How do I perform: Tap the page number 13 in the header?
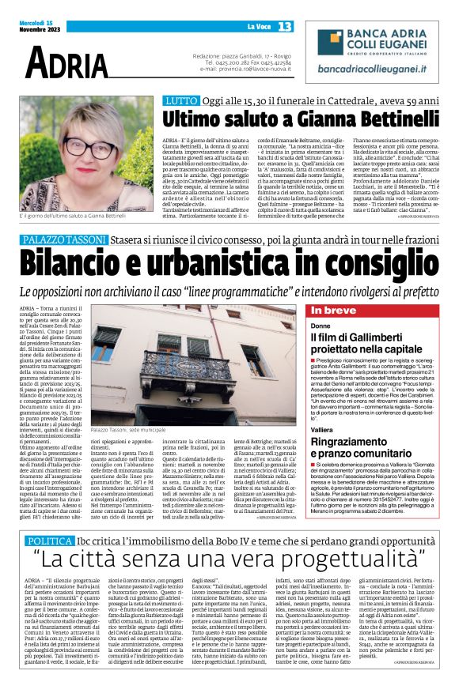[x=284, y=27]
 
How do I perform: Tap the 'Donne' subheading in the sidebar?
[x=321, y=325]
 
